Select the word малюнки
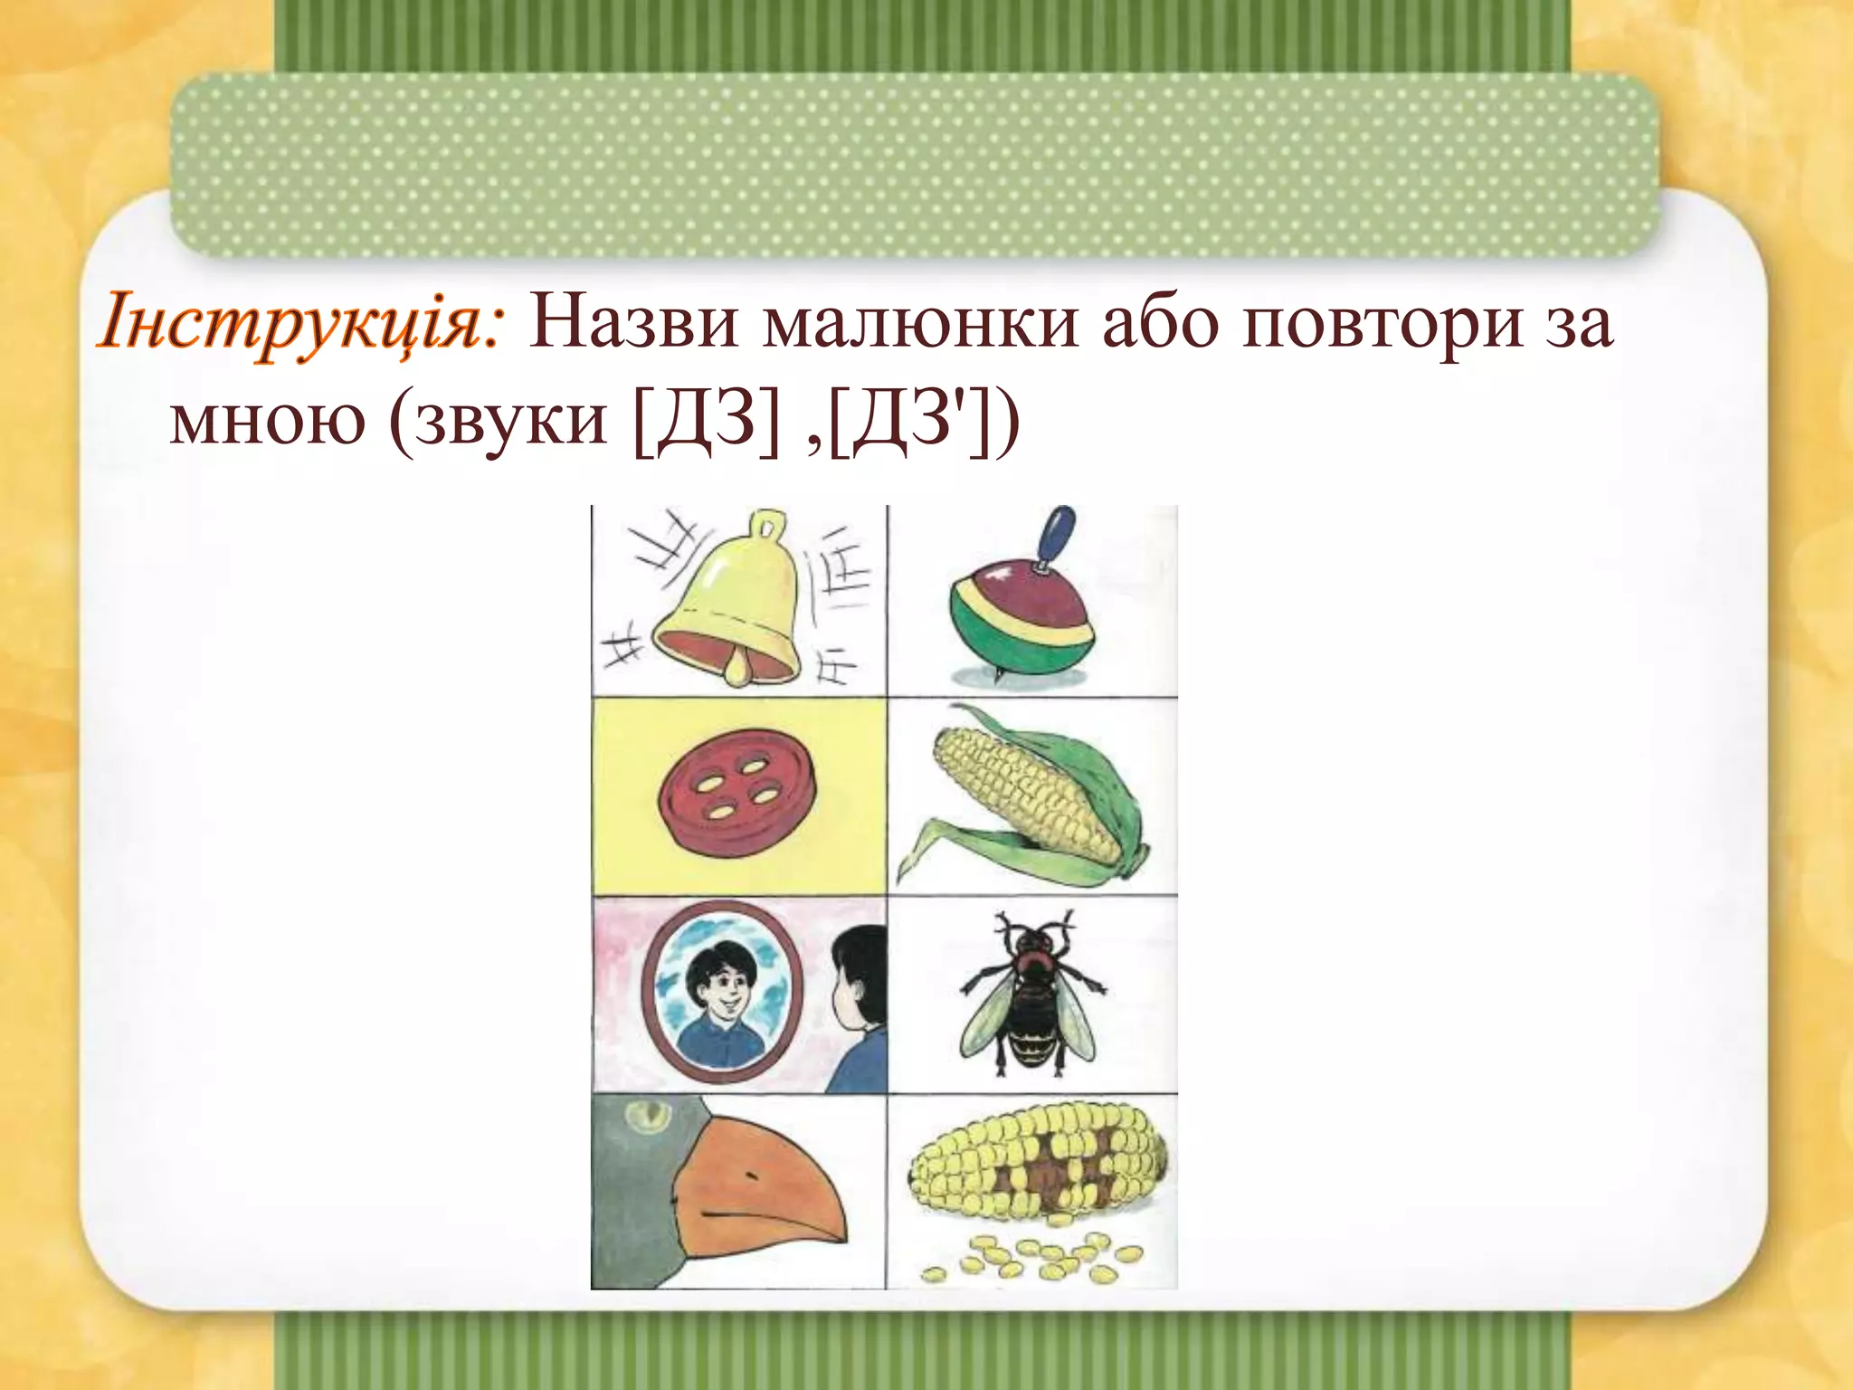coord(920,324)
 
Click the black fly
coord(1031,995)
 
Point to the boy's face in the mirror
coord(719,991)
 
